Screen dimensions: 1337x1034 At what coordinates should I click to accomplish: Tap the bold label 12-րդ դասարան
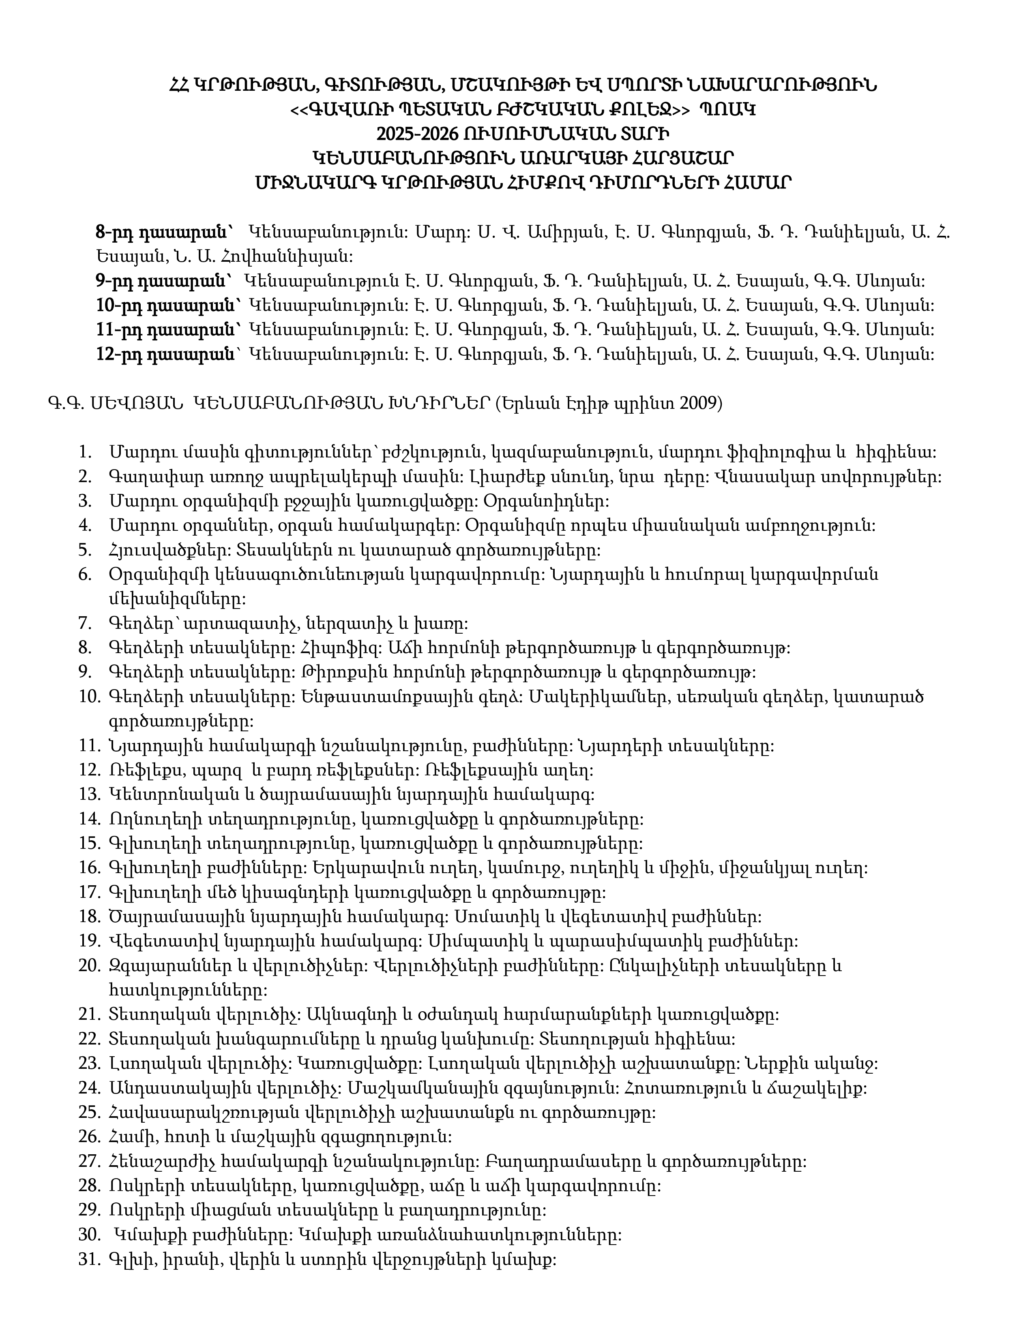pyautogui.click(x=165, y=355)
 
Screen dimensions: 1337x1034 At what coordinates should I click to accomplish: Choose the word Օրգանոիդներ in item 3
pyautogui.click(x=547, y=502)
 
